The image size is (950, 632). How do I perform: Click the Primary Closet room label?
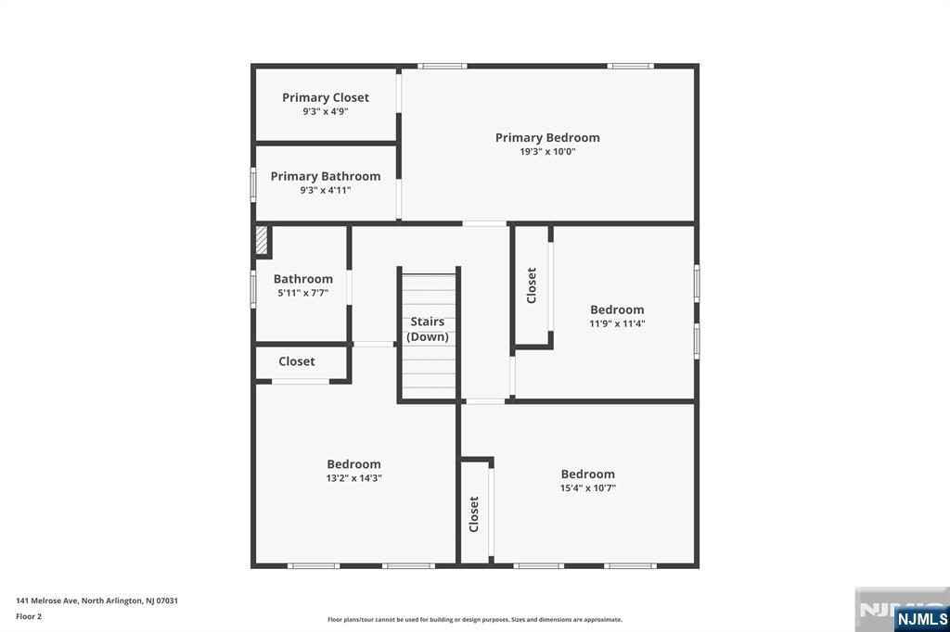click(326, 97)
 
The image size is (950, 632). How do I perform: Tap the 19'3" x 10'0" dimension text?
click(547, 151)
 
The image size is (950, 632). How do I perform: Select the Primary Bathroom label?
click(326, 176)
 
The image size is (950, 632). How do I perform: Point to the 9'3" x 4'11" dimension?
click(326, 190)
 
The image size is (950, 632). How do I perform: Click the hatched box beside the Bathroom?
click(261, 240)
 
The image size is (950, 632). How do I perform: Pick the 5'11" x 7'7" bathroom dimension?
click(303, 293)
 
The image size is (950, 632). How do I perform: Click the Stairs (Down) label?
click(427, 329)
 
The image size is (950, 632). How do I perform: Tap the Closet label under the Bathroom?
click(296, 361)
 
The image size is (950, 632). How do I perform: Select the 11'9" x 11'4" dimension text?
click(617, 323)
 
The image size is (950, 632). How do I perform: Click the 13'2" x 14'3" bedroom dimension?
click(353, 477)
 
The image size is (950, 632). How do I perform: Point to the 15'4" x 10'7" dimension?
click(587, 488)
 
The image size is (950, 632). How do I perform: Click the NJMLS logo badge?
click(921, 619)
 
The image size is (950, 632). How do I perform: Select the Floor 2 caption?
click(29, 616)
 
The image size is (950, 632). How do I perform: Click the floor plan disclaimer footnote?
click(474, 619)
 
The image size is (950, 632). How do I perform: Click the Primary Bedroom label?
click(547, 137)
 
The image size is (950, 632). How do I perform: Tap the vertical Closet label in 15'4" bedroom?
click(474, 514)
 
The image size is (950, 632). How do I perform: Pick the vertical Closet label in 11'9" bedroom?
click(532, 285)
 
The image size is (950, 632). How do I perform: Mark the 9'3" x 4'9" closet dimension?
click(326, 111)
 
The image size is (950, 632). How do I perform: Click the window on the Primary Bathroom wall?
click(253, 184)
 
